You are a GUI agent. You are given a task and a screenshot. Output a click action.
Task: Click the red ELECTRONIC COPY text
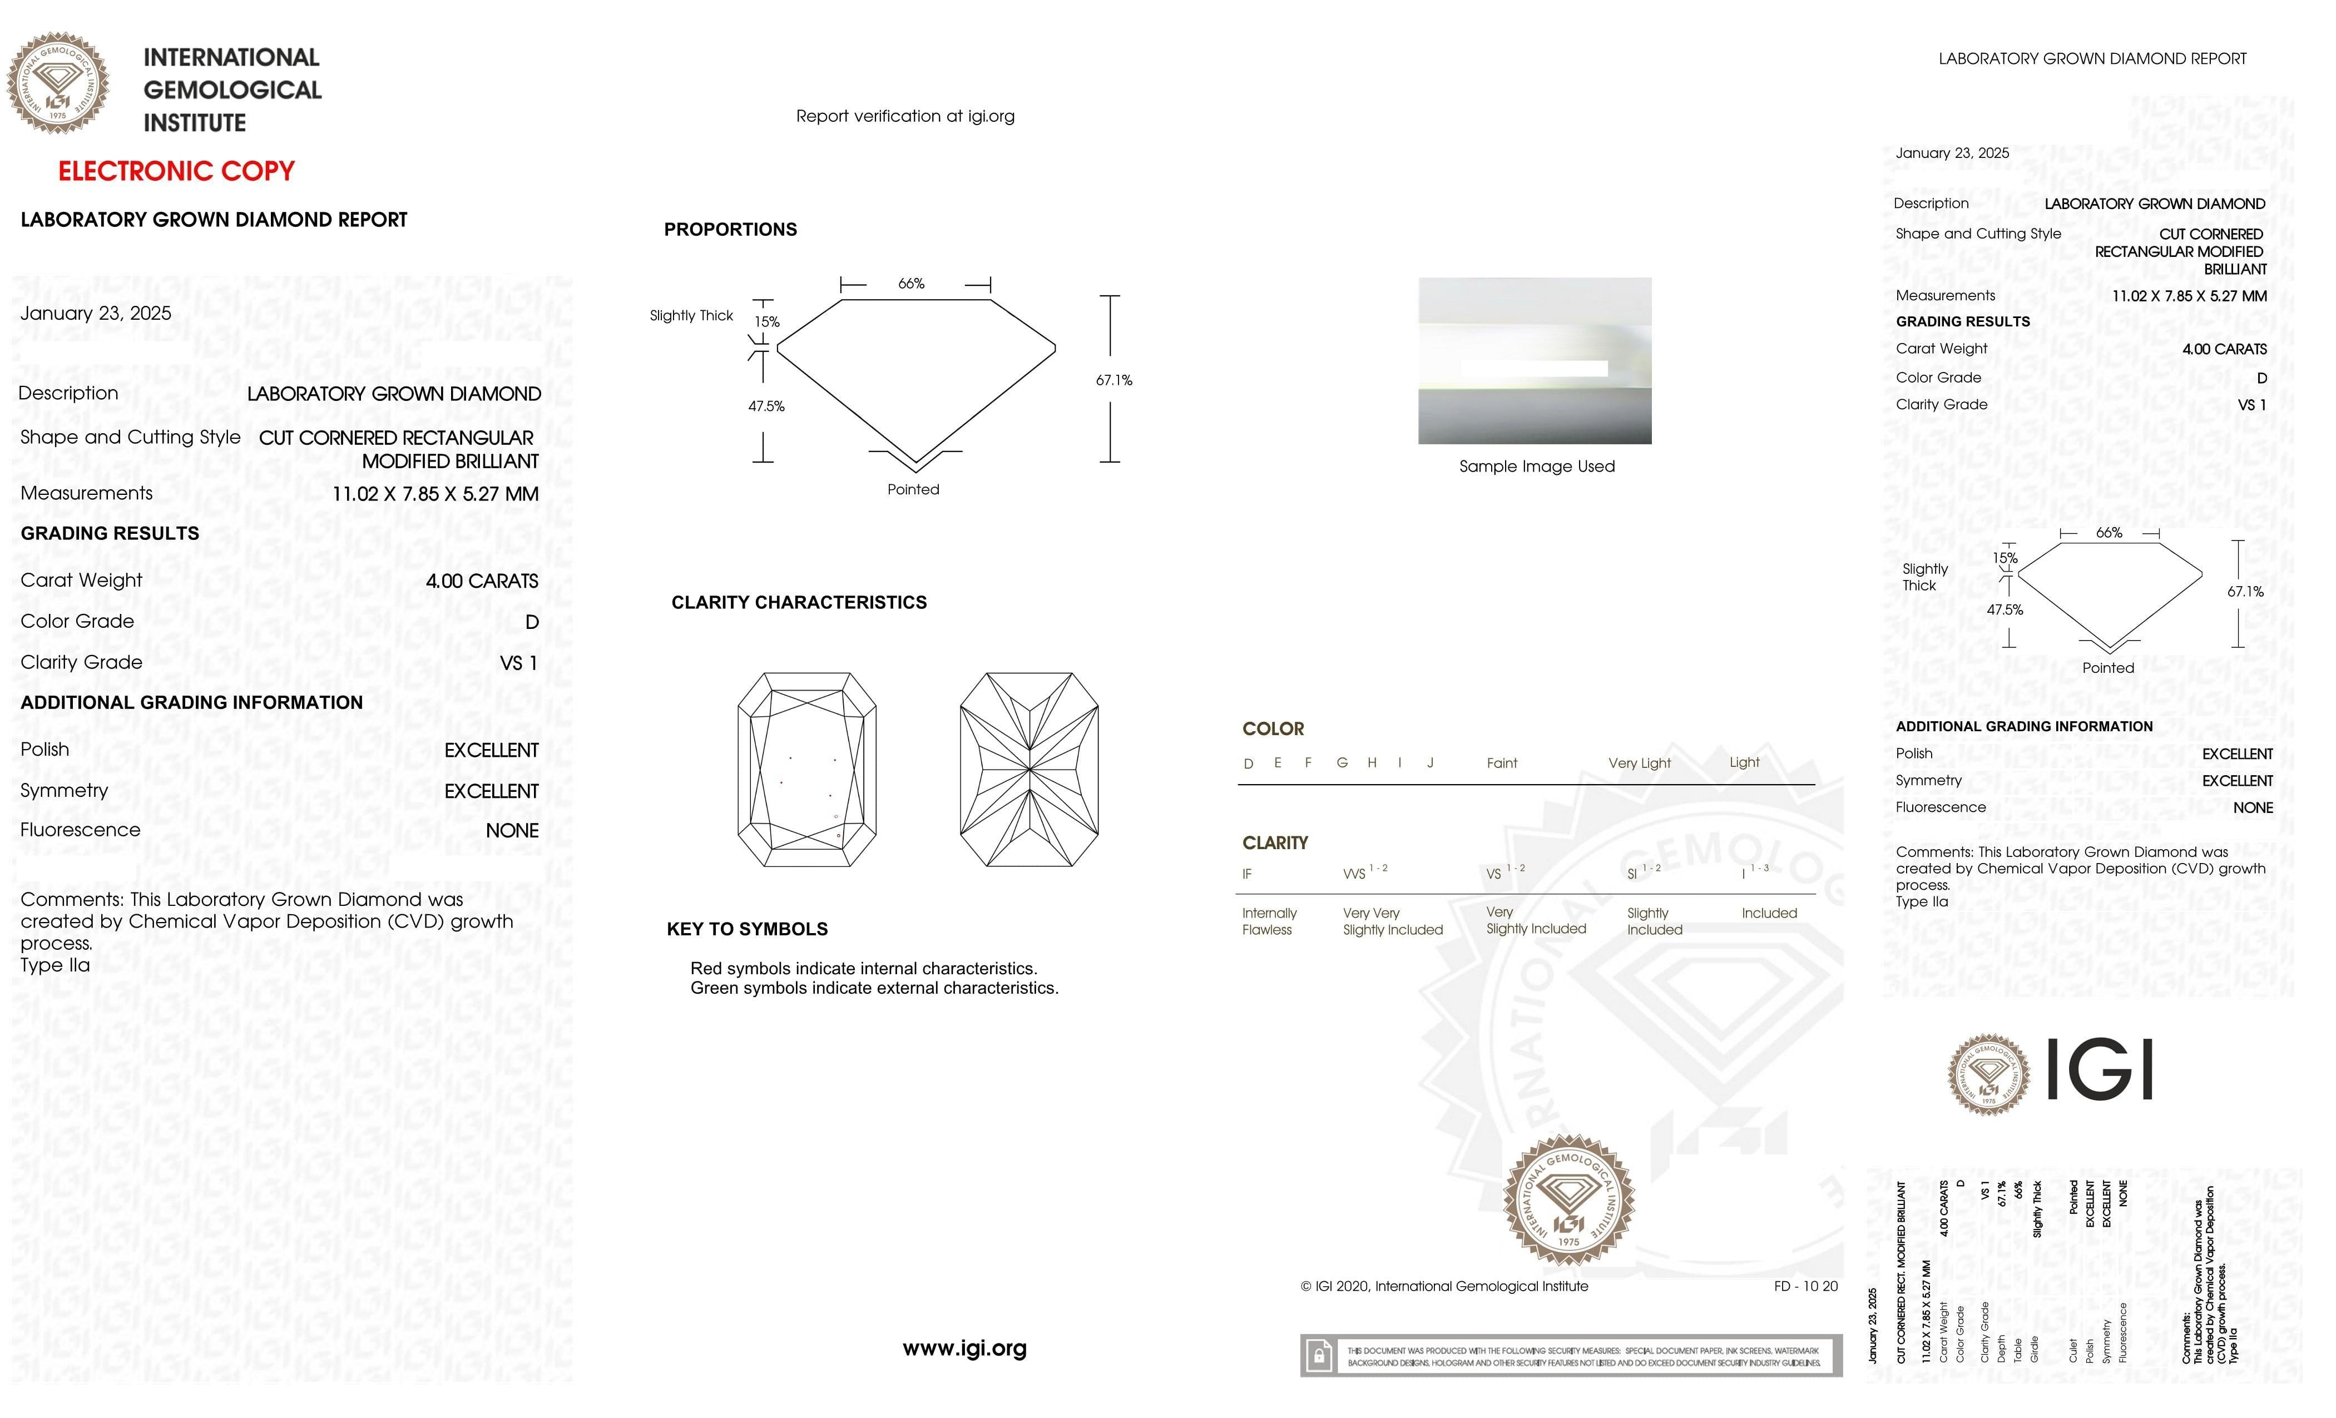(176, 172)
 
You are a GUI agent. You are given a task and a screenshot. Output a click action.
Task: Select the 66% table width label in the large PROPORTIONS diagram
(911, 284)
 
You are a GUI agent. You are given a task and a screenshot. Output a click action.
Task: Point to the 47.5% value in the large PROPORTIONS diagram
(766, 406)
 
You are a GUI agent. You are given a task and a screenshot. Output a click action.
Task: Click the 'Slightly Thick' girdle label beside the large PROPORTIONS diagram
(691, 316)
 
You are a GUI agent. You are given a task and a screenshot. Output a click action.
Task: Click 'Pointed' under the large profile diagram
(913, 490)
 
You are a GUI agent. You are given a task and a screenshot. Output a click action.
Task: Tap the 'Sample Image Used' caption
(1537, 467)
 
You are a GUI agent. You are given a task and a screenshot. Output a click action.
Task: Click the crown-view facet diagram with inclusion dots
(807, 770)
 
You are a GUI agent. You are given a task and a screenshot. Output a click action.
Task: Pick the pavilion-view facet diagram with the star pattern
(1028, 770)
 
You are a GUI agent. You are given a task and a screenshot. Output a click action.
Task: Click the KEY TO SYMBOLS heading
(747, 929)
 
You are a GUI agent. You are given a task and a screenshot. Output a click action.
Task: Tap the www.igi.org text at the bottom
(964, 1348)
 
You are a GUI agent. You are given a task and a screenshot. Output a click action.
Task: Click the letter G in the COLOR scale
(1342, 763)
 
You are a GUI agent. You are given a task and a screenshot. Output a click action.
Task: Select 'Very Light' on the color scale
(1639, 763)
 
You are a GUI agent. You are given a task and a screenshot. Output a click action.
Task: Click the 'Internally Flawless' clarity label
(1269, 921)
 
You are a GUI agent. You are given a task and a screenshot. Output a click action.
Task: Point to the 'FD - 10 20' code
(1805, 1286)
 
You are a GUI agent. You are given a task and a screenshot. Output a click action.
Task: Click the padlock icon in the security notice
(1318, 1356)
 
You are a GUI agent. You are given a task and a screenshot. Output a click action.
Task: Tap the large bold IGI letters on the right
(2101, 1069)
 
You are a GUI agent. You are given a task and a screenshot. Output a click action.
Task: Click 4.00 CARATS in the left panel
(482, 581)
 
